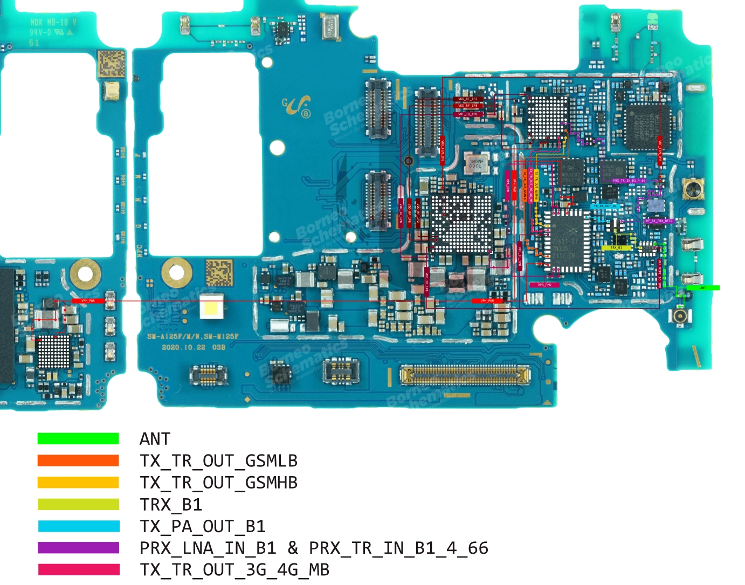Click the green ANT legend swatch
78,438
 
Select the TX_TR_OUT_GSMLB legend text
218,461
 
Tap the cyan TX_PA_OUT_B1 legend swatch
78,526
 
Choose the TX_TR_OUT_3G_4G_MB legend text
234,570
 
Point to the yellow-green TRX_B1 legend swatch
78,504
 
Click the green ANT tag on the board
703,288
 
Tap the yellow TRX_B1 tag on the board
616,248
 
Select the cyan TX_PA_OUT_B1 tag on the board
605,206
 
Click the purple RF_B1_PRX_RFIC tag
659,221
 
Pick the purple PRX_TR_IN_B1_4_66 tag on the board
629,181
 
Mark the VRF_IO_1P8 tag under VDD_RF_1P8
467,114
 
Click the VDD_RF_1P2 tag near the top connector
467,99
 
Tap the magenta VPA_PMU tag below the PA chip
544,285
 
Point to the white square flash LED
212,308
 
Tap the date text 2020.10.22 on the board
184,347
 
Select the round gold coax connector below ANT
680,316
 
